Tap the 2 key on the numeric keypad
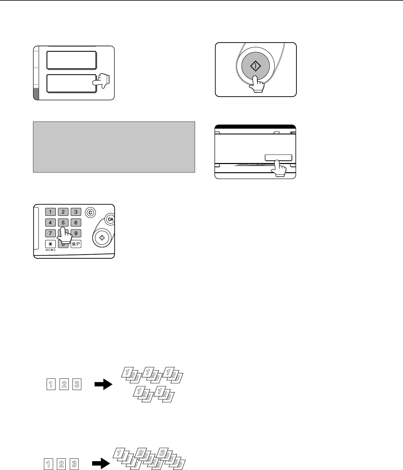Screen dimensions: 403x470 63,212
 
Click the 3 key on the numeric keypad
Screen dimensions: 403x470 76,212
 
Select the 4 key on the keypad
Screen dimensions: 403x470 50,223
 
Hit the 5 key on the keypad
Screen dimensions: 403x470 63,223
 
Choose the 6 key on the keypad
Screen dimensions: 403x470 76,223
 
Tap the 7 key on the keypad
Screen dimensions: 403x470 50,233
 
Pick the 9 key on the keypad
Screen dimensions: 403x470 76,233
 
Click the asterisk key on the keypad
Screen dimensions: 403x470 50,244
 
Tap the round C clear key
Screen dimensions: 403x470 90,213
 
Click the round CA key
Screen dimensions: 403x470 110,219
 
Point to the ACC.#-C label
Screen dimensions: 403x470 50,250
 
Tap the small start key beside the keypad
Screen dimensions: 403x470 102,238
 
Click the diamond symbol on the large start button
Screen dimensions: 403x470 255,66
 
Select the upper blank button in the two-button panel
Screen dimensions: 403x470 71,60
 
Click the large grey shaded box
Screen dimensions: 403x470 114,147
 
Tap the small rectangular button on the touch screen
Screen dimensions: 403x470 278,158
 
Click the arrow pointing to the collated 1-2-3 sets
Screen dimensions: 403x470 103,384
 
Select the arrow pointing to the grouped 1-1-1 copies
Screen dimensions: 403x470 101,463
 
